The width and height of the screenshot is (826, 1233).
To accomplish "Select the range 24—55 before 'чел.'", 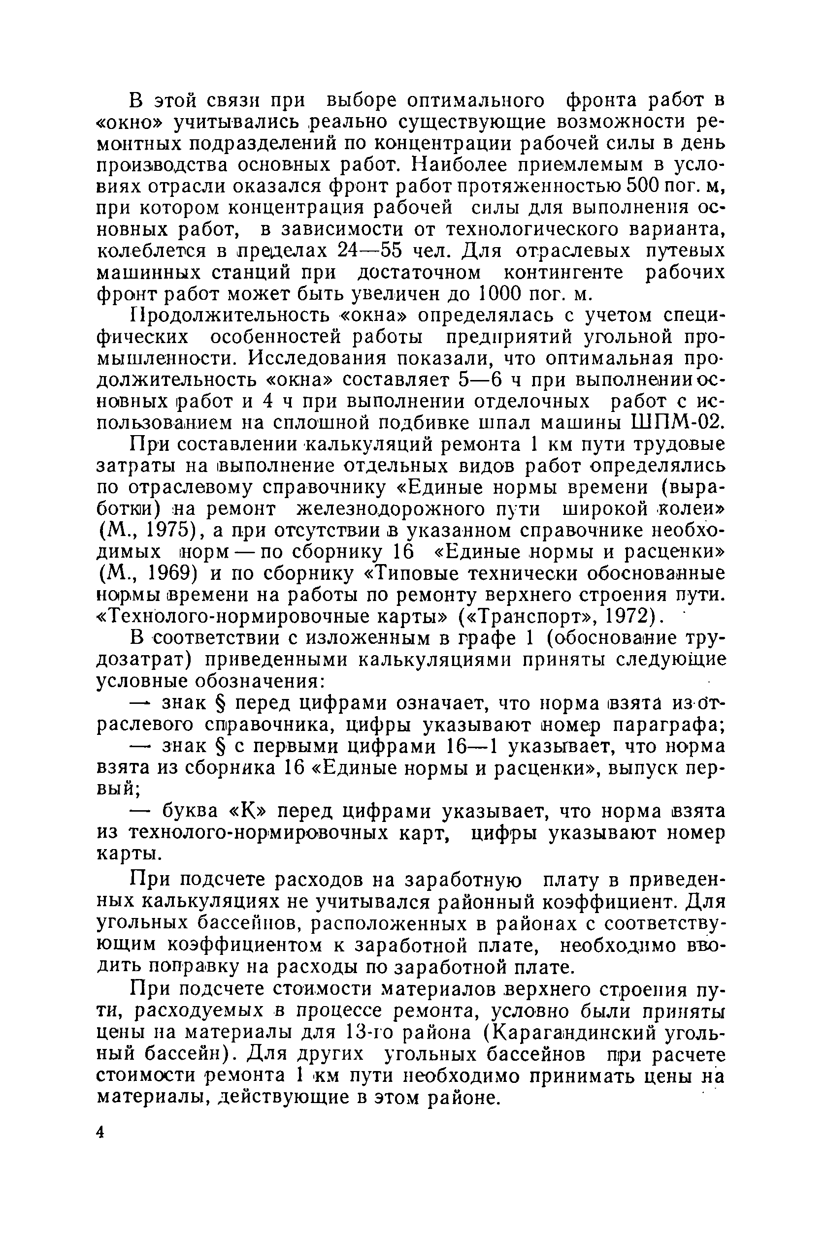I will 371,251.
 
